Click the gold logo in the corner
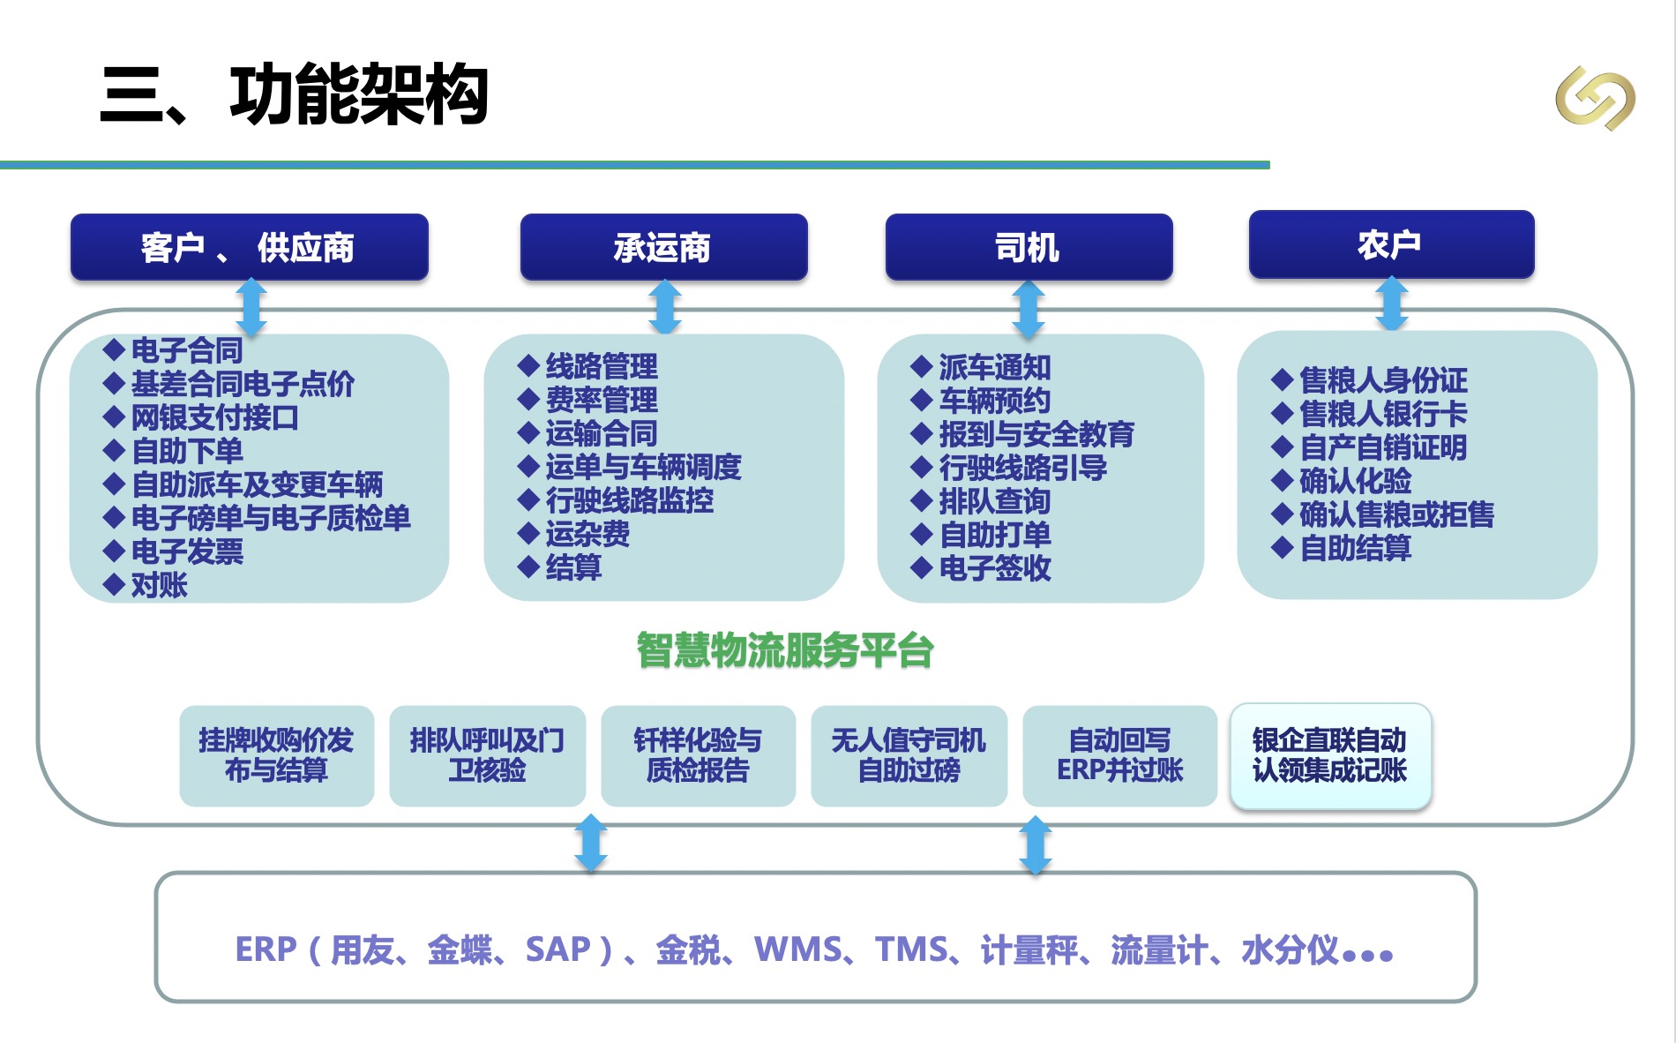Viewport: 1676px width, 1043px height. [x=1595, y=97]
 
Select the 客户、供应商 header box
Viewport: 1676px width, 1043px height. [x=249, y=247]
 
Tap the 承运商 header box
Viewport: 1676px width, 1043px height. [x=663, y=247]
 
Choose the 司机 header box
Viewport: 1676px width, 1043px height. [x=1029, y=247]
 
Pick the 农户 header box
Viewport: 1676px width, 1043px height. [x=1391, y=244]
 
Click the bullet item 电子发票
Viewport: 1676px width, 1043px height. [x=187, y=552]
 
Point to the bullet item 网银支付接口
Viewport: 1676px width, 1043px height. [x=214, y=417]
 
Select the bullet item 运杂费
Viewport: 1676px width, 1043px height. [x=587, y=534]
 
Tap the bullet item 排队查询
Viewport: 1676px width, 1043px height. [x=994, y=501]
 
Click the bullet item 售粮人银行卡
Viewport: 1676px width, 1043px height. [x=1383, y=414]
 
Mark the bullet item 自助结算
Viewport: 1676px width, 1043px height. [x=1355, y=548]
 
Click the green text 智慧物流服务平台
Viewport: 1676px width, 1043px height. [x=784, y=651]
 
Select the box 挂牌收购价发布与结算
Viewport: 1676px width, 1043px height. [x=276, y=755]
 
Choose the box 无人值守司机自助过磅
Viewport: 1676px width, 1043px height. [x=909, y=755]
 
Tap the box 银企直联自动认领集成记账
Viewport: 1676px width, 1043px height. [x=1329, y=755]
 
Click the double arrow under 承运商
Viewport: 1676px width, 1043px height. [x=664, y=306]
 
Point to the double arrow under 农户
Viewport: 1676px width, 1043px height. [x=1392, y=304]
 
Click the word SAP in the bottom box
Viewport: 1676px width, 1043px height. [x=557, y=949]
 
